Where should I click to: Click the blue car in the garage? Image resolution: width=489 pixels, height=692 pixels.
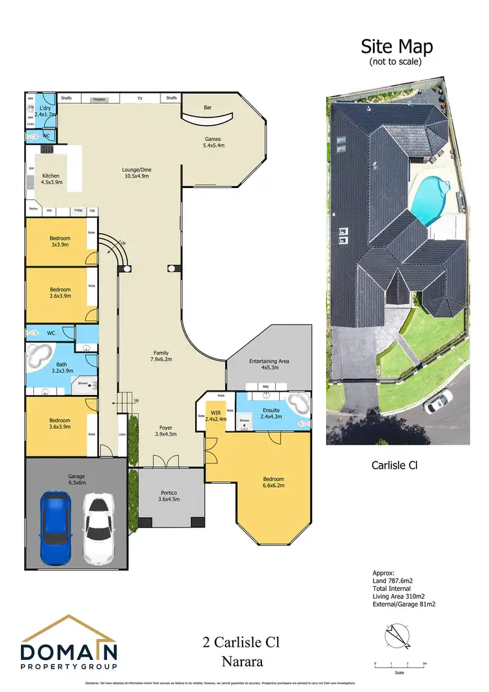click(55, 527)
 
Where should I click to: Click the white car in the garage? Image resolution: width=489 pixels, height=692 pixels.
click(98, 529)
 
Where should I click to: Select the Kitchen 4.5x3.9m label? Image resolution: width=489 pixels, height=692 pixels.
click(52, 180)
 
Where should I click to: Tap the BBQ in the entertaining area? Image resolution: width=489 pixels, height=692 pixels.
click(265, 386)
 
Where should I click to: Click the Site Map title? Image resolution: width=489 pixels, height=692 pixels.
click(396, 47)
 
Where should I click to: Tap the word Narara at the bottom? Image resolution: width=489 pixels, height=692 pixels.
click(241, 661)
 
